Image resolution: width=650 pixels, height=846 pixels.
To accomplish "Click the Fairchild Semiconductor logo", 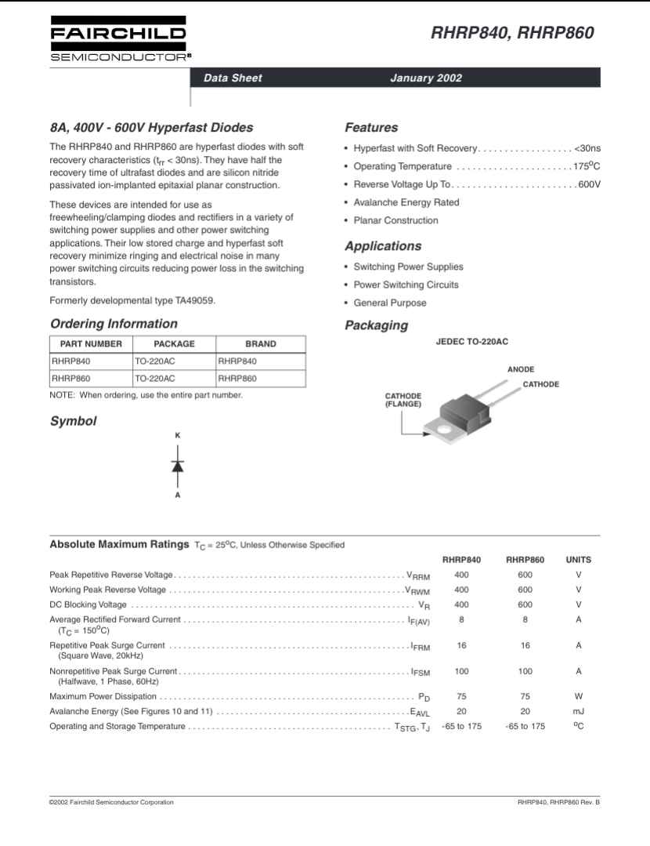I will [x=117, y=38].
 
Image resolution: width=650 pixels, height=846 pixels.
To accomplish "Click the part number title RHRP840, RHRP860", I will [x=512, y=33].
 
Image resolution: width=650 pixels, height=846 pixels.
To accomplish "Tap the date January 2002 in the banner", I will [x=425, y=78].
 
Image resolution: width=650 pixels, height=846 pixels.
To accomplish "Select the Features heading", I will [x=371, y=128].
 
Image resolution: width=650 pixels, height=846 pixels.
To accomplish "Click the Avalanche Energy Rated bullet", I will [x=406, y=202].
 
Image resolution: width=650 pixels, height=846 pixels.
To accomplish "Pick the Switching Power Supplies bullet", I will [x=408, y=267].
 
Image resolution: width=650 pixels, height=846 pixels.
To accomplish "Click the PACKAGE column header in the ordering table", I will [x=174, y=343].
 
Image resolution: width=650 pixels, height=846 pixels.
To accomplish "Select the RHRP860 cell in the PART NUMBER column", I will [x=71, y=378].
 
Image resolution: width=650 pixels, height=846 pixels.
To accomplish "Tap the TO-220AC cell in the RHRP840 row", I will [x=155, y=361].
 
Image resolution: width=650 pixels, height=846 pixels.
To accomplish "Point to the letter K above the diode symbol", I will [x=178, y=434].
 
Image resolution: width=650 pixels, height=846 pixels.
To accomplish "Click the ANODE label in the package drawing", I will [x=521, y=369].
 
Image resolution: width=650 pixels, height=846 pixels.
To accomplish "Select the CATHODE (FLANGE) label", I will [x=403, y=400].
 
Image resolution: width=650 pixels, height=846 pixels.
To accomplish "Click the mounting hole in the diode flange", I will [x=444, y=430].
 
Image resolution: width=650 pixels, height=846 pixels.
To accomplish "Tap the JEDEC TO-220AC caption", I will [x=472, y=343].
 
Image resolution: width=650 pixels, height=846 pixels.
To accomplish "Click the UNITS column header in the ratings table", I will [x=578, y=560].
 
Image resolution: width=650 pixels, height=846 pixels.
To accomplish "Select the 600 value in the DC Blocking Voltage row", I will [x=525, y=605].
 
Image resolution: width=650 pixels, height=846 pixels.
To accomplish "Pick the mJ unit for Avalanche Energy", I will [x=578, y=711].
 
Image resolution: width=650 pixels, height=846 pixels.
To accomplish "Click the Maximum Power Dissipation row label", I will [x=103, y=696].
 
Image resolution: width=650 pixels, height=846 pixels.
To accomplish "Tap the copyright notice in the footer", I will [x=111, y=802].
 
